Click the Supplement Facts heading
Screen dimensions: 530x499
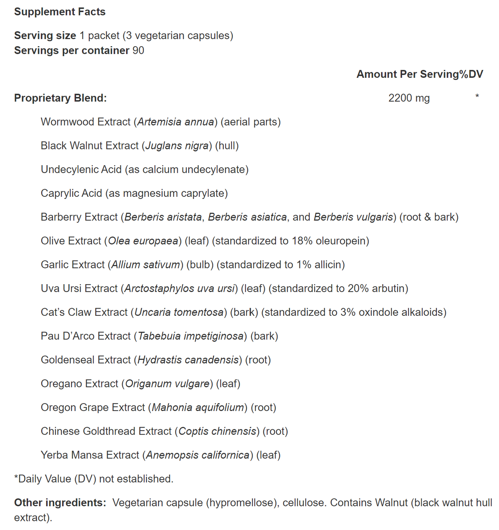click(59, 12)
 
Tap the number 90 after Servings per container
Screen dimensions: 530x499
click(138, 50)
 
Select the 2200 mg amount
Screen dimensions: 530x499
click(409, 98)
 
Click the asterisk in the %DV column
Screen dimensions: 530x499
click(477, 97)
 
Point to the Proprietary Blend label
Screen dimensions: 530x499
click(60, 98)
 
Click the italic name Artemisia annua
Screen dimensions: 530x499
click(175, 122)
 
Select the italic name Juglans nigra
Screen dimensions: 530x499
click(177, 146)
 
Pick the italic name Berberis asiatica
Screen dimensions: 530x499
click(247, 217)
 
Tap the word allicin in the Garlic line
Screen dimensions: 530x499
click(328, 265)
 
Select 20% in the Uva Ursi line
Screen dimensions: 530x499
click(358, 288)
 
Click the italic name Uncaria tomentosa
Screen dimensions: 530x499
click(179, 312)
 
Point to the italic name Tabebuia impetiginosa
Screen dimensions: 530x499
click(190, 336)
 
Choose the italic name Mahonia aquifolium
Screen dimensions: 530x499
click(198, 407)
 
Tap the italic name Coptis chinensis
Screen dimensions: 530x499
click(217, 431)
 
